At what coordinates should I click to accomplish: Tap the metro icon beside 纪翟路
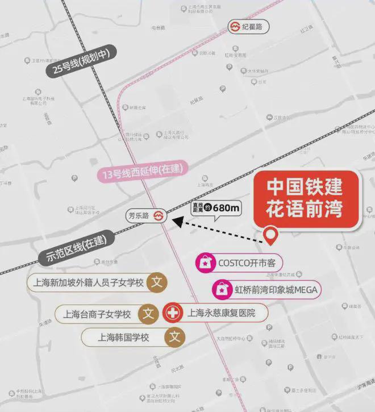tap(235, 26)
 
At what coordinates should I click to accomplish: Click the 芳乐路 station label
tap(138, 216)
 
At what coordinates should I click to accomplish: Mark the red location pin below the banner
tap(272, 235)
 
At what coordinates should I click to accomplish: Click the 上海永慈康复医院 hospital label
tap(222, 312)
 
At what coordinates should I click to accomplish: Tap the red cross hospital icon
tap(172, 313)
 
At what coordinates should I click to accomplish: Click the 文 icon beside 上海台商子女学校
tap(149, 313)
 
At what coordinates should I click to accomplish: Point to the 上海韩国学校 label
tap(123, 337)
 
